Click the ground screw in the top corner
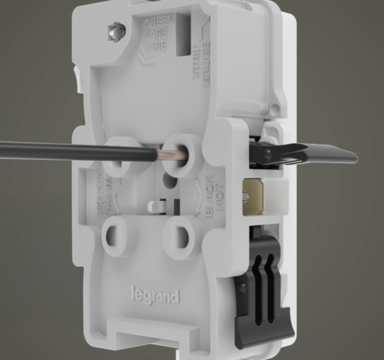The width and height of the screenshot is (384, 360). (115, 30)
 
